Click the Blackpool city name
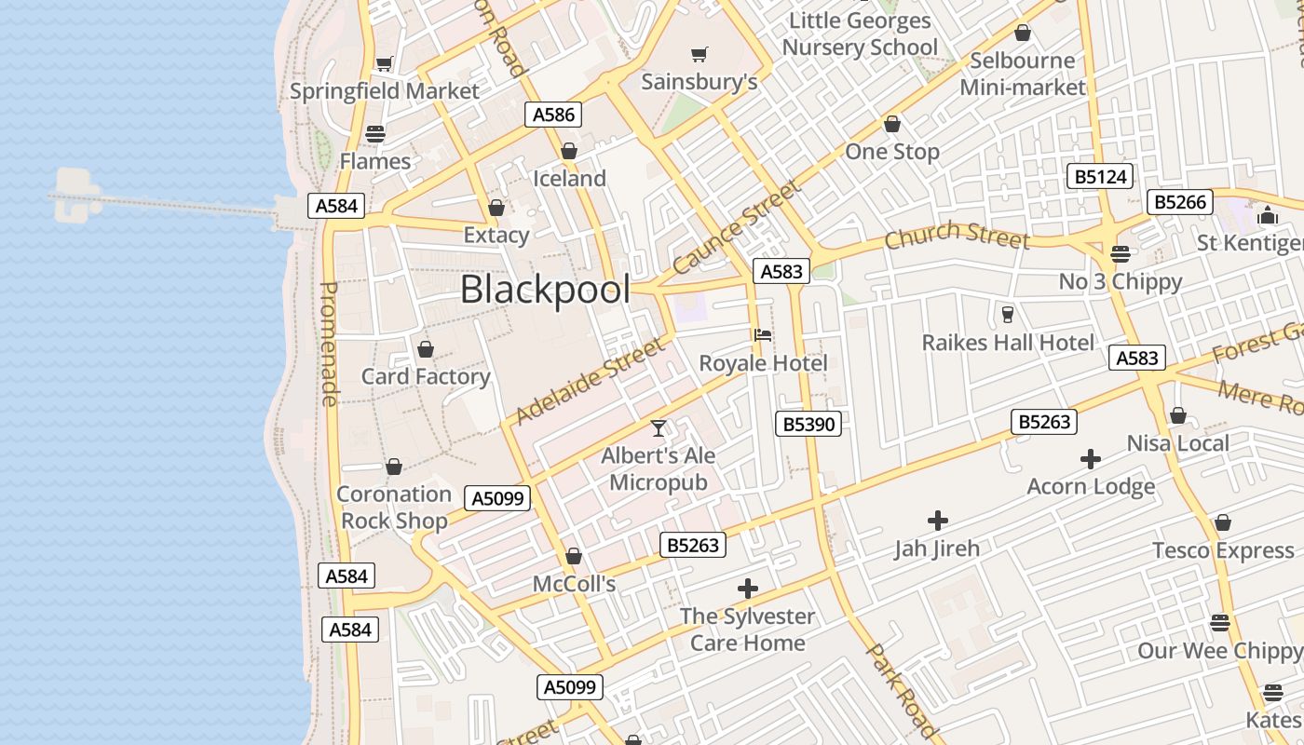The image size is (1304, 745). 545,290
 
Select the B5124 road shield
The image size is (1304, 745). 1100,177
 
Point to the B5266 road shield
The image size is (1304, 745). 1179,202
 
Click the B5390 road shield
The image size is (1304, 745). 808,425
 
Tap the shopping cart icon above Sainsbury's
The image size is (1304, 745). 699,54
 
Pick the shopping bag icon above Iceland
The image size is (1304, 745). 569,151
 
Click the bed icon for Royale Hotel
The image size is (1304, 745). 763,335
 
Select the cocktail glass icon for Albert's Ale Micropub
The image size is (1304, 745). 659,428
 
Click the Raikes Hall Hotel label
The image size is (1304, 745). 1008,343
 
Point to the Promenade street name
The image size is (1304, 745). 329,345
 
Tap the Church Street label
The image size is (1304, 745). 957,236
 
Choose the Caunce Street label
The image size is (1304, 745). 737,228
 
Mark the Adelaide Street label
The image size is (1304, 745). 591,380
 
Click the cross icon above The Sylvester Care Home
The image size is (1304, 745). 747,589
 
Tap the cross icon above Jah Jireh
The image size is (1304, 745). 938,521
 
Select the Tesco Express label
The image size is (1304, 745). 1223,550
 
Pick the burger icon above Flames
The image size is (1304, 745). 375,134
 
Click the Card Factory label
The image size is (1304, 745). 426,376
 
